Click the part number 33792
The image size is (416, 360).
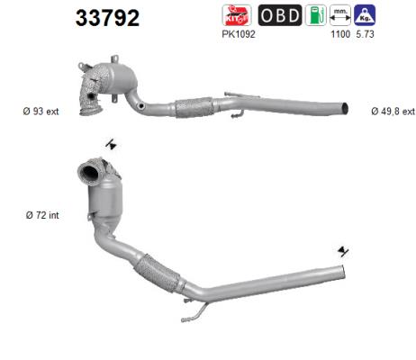[107, 18]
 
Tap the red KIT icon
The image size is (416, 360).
[237, 15]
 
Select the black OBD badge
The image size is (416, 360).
[280, 15]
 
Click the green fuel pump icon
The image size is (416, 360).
[316, 15]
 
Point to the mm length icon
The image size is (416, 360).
[340, 15]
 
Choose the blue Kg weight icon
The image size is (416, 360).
[365, 15]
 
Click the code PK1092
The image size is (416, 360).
[239, 34]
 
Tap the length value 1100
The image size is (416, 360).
[340, 34]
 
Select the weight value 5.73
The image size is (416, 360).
[365, 34]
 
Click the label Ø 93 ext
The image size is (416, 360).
[41, 112]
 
